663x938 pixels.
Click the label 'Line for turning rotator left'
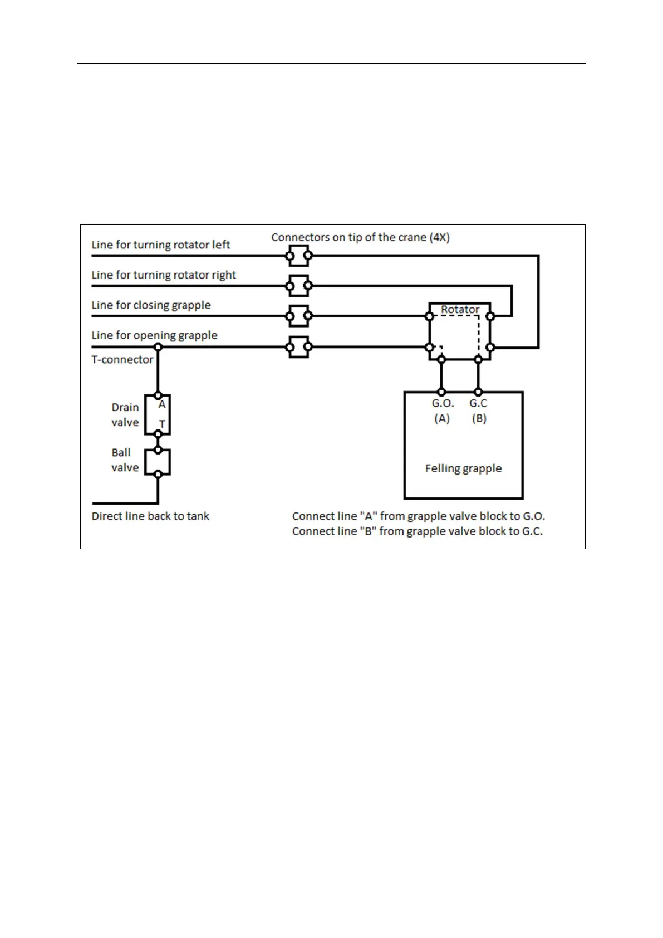(160, 245)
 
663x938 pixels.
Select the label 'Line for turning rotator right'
(164, 275)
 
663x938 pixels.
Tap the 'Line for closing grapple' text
(151, 305)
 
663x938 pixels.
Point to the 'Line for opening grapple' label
(154, 335)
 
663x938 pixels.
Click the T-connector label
(122, 360)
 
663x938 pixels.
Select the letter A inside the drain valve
(162, 405)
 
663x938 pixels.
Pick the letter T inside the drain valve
(162, 424)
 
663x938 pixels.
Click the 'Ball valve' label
(125, 460)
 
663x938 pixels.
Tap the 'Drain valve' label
(125, 415)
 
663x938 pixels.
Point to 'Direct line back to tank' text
(150, 516)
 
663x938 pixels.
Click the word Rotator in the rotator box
(460, 310)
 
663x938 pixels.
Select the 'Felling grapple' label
(463, 468)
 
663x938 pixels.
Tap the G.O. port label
(443, 404)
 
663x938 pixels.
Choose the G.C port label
(478, 404)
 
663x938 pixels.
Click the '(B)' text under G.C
(479, 419)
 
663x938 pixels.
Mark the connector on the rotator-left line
(299, 256)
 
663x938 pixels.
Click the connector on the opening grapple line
(299, 347)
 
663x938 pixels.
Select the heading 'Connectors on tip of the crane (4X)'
(360, 237)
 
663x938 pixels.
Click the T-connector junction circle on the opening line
(158, 347)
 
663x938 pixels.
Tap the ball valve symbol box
(158, 462)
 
